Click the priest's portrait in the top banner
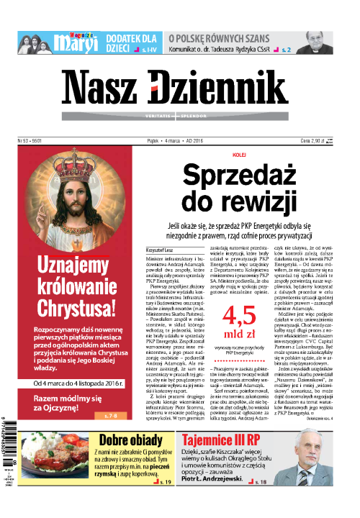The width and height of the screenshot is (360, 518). pyautogui.click(x=316, y=42)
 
